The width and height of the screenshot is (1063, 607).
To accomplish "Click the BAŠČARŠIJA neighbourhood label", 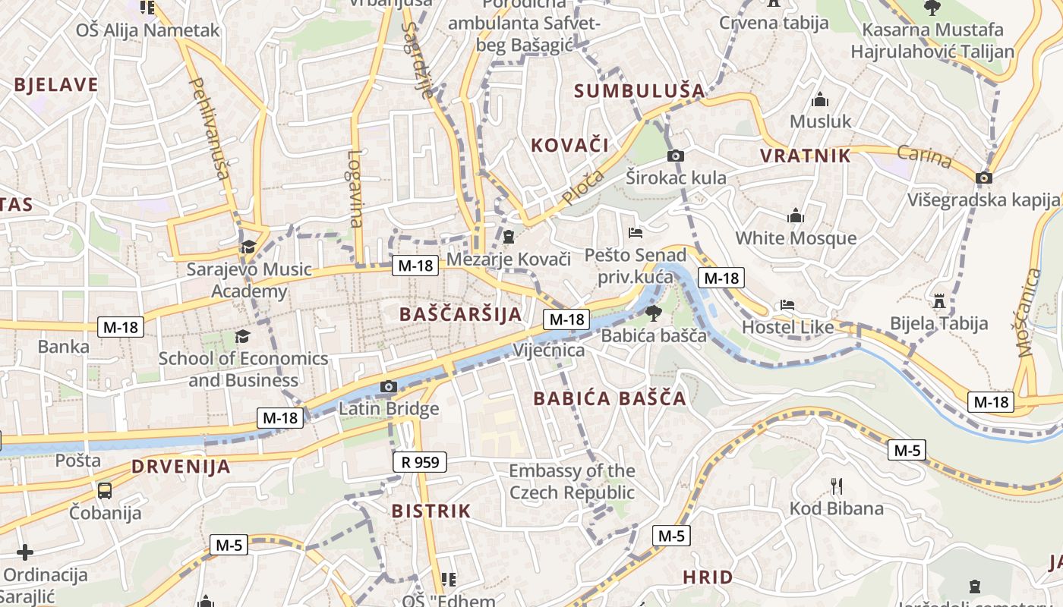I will click(460, 314).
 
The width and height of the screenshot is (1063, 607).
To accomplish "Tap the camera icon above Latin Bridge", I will click(388, 387).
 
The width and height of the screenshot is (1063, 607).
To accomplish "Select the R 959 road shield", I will click(420, 461).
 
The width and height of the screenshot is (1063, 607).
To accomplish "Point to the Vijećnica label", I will click(549, 351).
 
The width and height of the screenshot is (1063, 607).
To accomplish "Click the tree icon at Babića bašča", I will click(652, 313).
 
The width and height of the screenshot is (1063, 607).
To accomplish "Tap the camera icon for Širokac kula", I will click(675, 156).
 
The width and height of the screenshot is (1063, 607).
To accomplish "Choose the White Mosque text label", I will click(796, 238).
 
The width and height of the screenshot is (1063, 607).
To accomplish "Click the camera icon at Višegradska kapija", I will click(984, 178).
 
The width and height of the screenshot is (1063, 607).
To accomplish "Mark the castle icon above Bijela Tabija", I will click(939, 300).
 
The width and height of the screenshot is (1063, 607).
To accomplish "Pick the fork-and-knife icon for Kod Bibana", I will click(836, 486).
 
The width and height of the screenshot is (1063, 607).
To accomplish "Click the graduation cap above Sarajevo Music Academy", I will click(248, 247).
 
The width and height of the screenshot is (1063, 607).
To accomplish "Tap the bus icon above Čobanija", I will click(105, 490).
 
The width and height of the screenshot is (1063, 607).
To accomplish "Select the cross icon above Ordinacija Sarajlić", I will click(25, 552).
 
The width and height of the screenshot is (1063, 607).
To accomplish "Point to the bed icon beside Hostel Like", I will click(787, 306).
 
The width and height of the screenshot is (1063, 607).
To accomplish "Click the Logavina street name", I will click(355, 189).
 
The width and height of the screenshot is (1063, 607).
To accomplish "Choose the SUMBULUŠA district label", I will click(639, 91).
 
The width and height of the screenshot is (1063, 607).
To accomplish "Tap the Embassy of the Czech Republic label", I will click(572, 482).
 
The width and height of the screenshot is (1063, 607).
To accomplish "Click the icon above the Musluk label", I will click(819, 100).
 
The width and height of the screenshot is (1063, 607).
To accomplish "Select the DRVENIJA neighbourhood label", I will click(181, 467).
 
